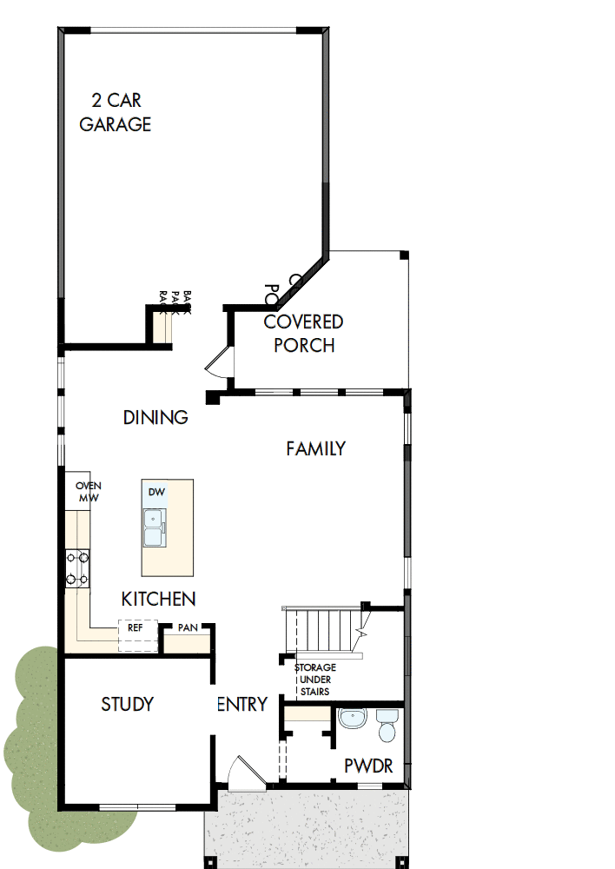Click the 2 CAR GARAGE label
(x=116, y=112)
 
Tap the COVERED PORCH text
(x=303, y=334)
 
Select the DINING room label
(x=155, y=417)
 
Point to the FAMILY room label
(x=316, y=448)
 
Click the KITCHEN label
(x=158, y=599)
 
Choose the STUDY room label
(x=127, y=704)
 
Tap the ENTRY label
(x=241, y=705)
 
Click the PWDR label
(x=368, y=766)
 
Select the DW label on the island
(x=156, y=492)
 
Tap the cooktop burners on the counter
(x=77, y=568)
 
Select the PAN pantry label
(x=187, y=627)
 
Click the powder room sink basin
(x=353, y=720)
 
